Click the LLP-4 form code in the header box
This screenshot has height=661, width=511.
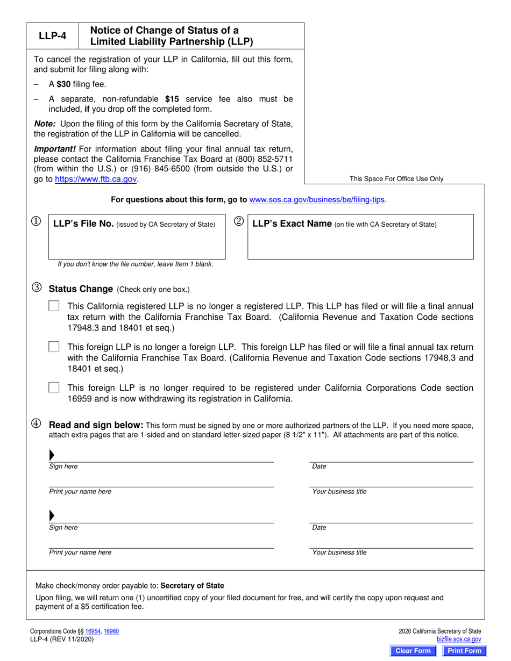(x=53, y=36)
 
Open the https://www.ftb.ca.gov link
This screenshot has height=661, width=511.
(x=96, y=179)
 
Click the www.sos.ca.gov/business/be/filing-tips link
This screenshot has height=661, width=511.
(x=317, y=199)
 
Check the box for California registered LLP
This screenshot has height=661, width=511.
(x=54, y=306)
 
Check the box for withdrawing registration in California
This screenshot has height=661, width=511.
(x=54, y=387)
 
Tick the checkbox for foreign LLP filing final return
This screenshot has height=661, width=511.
(x=54, y=347)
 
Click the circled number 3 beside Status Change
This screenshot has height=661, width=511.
(x=37, y=288)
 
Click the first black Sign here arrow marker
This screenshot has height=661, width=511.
(x=52, y=455)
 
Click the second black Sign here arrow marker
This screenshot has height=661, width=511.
(x=52, y=516)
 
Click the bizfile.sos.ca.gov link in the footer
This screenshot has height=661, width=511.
(x=459, y=640)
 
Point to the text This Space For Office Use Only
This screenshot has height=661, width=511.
(x=396, y=179)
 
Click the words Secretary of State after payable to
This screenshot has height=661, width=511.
(x=193, y=586)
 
